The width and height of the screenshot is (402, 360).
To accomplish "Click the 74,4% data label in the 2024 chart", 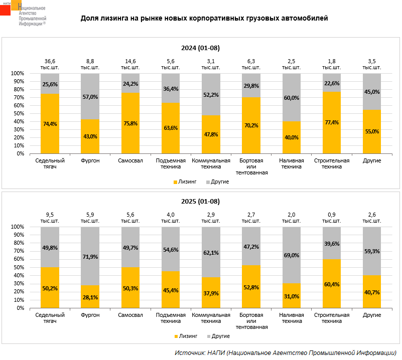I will tap(50, 125).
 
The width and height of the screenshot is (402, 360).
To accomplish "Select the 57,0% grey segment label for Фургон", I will tap(90, 97).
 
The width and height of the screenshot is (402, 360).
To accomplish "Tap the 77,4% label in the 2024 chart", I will tap(331, 122).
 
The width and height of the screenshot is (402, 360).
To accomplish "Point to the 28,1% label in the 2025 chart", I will tap(90, 297).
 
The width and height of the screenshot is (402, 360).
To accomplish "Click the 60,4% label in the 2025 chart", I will tap(331, 284).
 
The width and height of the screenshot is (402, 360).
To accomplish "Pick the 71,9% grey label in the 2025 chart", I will tap(90, 257).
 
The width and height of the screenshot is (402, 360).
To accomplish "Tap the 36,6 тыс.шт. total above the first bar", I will tap(50, 64).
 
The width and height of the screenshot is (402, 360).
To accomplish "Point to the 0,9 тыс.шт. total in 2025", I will tap(331, 218).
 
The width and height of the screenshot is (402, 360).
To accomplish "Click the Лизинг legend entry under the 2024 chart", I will tap(185, 182).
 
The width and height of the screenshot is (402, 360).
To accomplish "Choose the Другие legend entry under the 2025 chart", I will tap(217, 335).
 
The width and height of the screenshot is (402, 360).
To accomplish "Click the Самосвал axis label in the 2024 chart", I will tap(130, 160).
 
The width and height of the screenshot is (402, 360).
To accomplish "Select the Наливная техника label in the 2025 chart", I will tap(291, 318).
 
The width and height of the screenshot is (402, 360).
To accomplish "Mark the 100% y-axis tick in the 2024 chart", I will tap(17, 74).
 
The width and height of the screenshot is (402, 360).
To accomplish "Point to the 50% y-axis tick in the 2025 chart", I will tap(18, 267).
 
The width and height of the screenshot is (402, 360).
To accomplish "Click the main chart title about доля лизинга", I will tap(204, 19).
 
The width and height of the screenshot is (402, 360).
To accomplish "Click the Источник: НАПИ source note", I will tap(286, 352).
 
